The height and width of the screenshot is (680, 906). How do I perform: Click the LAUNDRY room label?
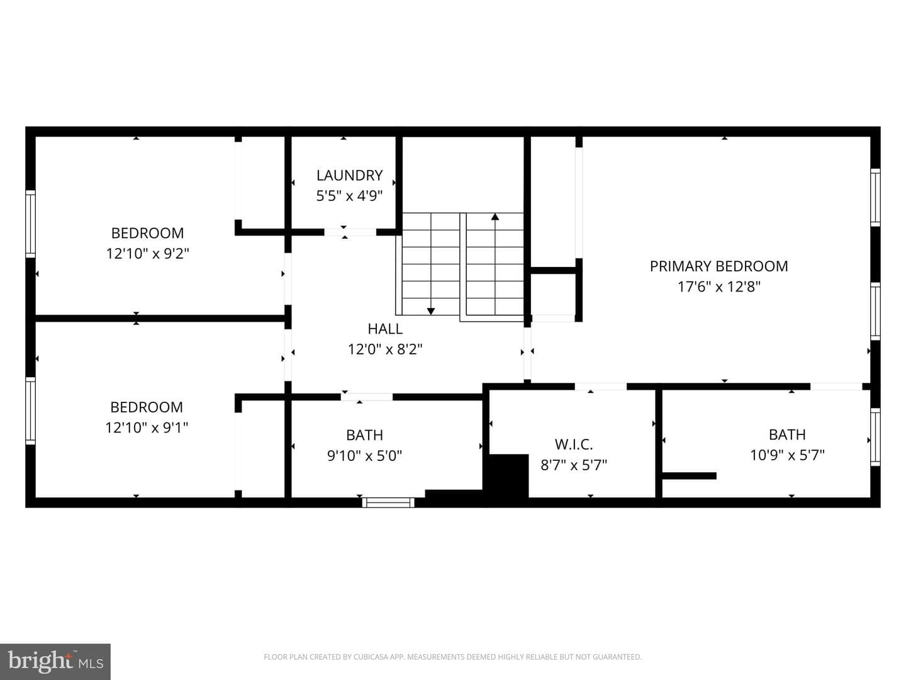[349, 176]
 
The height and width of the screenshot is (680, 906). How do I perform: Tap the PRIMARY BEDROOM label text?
[719, 266]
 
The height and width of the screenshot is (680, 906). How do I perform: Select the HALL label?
[385, 329]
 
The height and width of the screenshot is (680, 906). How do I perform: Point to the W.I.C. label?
[574, 445]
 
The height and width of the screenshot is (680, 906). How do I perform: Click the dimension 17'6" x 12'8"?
[719, 286]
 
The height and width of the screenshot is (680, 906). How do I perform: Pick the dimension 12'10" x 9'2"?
[147, 253]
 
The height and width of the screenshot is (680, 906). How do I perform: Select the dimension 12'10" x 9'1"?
[147, 428]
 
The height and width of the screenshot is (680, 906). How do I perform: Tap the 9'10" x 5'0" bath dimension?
[364, 456]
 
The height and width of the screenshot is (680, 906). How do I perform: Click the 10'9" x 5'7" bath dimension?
[787, 455]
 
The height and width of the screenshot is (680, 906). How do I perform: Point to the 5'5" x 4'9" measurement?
[349, 196]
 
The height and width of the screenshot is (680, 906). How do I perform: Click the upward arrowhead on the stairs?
[495, 217]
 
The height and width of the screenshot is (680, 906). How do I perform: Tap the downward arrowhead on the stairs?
[431, 311]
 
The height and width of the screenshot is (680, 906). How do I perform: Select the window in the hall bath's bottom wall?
[388, 502]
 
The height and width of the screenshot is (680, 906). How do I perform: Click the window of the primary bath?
[875, 437]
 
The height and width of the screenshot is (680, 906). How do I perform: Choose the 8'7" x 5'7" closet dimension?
[574, 465]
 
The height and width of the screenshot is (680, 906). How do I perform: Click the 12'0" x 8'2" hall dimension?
[385, 349]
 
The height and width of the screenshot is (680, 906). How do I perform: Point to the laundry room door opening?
[350, 232]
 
